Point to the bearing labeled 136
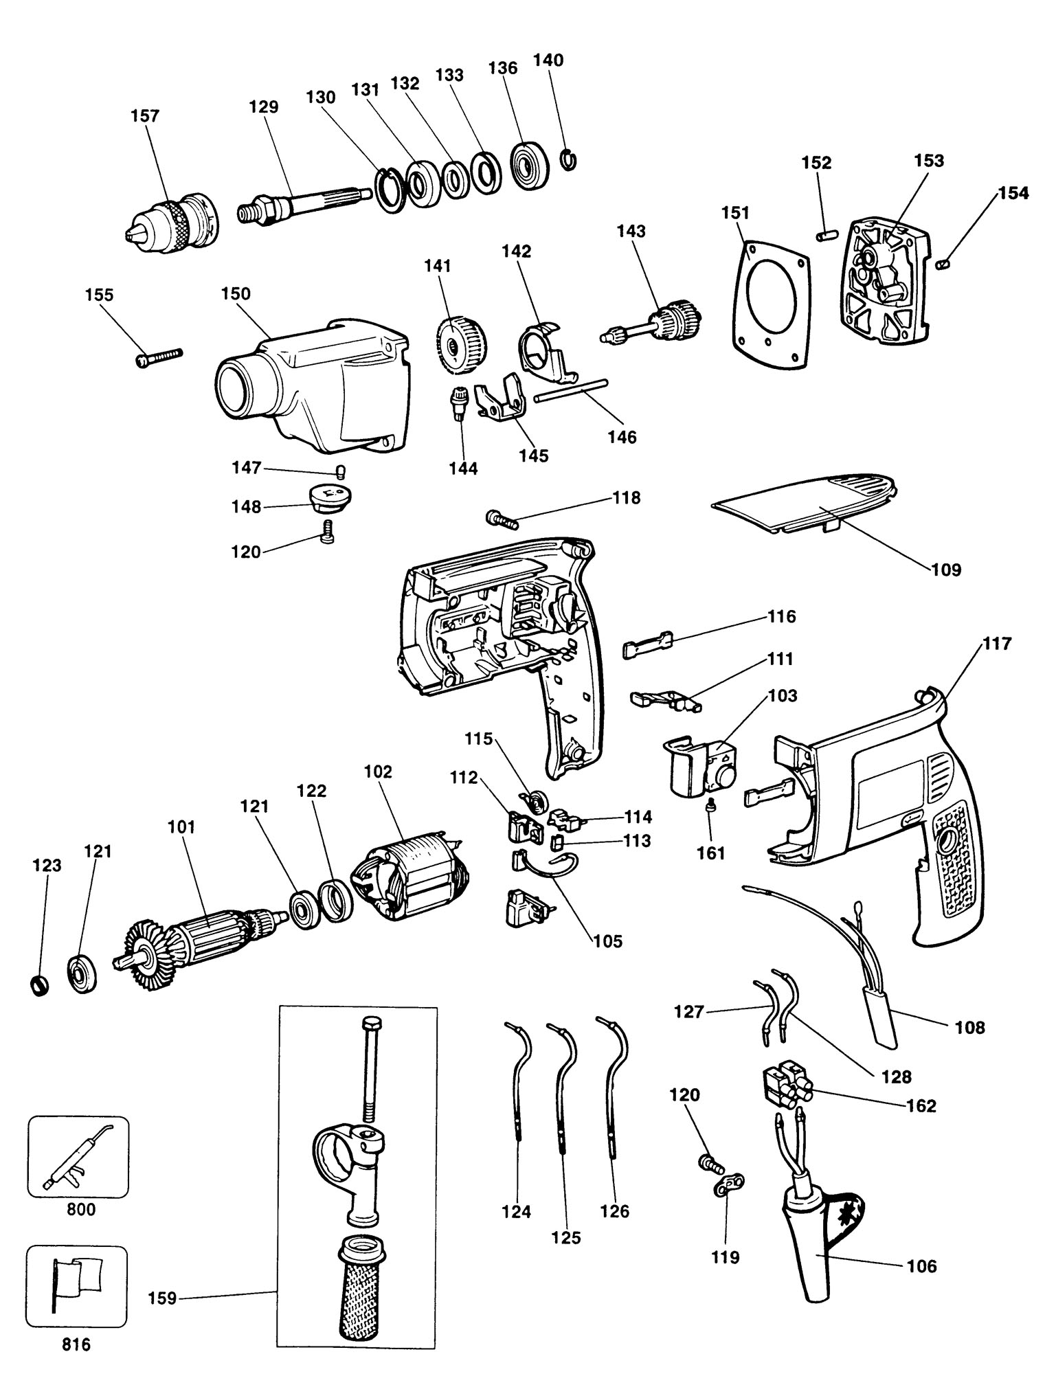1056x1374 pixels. pos(530,166)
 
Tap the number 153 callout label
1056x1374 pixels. pos(928,161)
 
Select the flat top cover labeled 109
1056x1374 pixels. pos(804,507)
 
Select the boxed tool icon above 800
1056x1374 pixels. pos(78,1157)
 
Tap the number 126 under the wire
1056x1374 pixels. pos(614,1211)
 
